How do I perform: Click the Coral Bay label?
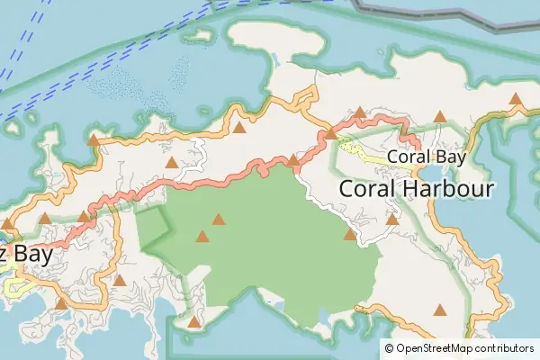coord(426,157)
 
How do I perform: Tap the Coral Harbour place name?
coord(417,189)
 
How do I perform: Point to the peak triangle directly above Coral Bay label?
coord(440,116)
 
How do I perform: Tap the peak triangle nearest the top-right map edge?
coord(516,99)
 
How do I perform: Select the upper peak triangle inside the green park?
coord(218,219)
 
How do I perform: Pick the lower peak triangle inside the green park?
coord(202,237)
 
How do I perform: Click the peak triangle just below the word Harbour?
coord(392,219)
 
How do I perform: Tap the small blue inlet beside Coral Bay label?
coord(431,174)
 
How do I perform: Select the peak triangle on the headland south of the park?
coord(193,321)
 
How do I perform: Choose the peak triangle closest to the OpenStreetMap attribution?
coord(440,310)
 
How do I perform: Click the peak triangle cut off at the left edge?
coord(7,223)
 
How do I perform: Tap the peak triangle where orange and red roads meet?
coord(330,133)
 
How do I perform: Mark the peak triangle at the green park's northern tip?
coord(292,160)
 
